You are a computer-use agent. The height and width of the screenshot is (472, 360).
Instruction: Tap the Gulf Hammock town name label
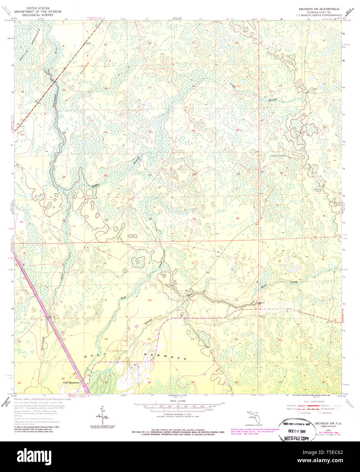(71, 382)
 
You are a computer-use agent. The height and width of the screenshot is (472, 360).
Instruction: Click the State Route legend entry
(326, 413)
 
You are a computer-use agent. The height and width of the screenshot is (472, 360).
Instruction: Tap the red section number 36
(238, 218)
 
